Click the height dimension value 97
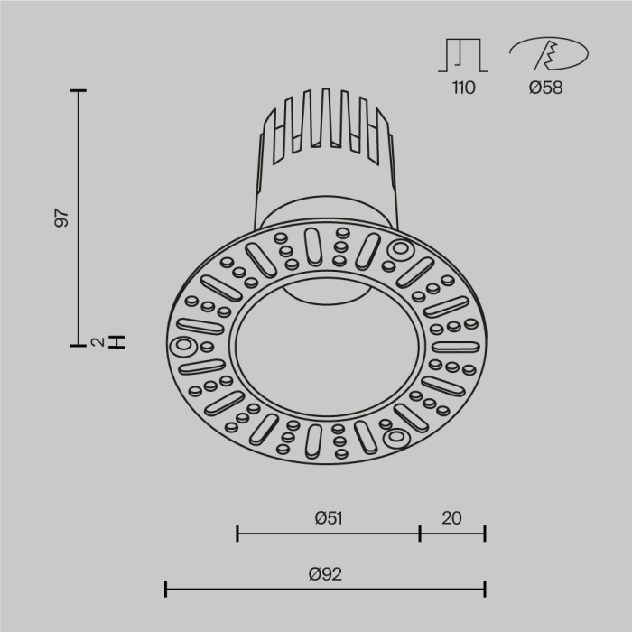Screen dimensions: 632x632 (x=61, y=218)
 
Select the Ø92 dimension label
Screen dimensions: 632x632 (x=325, y=573)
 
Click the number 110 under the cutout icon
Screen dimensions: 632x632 (x=462, y=88)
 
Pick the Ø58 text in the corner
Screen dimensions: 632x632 (x=545, y=88)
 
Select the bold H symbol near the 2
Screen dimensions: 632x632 (x=116, y=342)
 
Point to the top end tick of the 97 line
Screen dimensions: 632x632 (x=78, y=90)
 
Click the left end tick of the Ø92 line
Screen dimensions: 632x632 (x=166, y=589)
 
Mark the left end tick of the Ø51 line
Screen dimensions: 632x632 (x=237, y=533)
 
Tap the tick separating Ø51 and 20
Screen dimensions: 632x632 (x=420, y=533)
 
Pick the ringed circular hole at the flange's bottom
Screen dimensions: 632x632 (x=398, y=438)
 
